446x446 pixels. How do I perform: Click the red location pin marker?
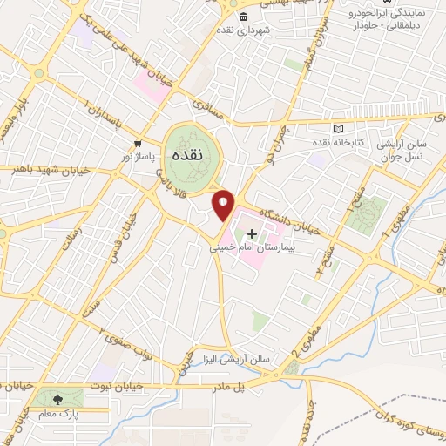(x=224, y=205)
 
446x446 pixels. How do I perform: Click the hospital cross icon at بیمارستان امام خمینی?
(x=253, y=233)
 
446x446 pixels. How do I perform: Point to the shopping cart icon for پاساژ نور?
(x=138, y=142)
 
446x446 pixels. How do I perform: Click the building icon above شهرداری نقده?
(x=242, y=17)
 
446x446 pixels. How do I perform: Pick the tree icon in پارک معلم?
(x=58, y=401)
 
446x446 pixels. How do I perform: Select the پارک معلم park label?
(x=57, y=416)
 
